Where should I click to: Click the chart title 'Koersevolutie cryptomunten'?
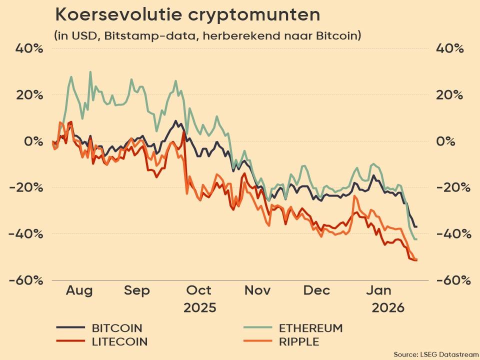187,15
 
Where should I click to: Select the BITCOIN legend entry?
117,328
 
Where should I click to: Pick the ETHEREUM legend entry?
310,328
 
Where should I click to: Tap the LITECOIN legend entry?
119,342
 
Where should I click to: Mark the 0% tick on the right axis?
446,141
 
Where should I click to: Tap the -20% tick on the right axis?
453,188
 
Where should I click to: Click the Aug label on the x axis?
79,290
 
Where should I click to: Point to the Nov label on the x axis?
258,290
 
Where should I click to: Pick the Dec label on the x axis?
316,290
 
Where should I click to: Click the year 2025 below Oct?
199,307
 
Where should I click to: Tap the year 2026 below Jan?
387,307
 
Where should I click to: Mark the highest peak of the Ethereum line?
90,72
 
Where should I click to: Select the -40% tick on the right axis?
453,234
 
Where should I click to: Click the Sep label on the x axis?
137,290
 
